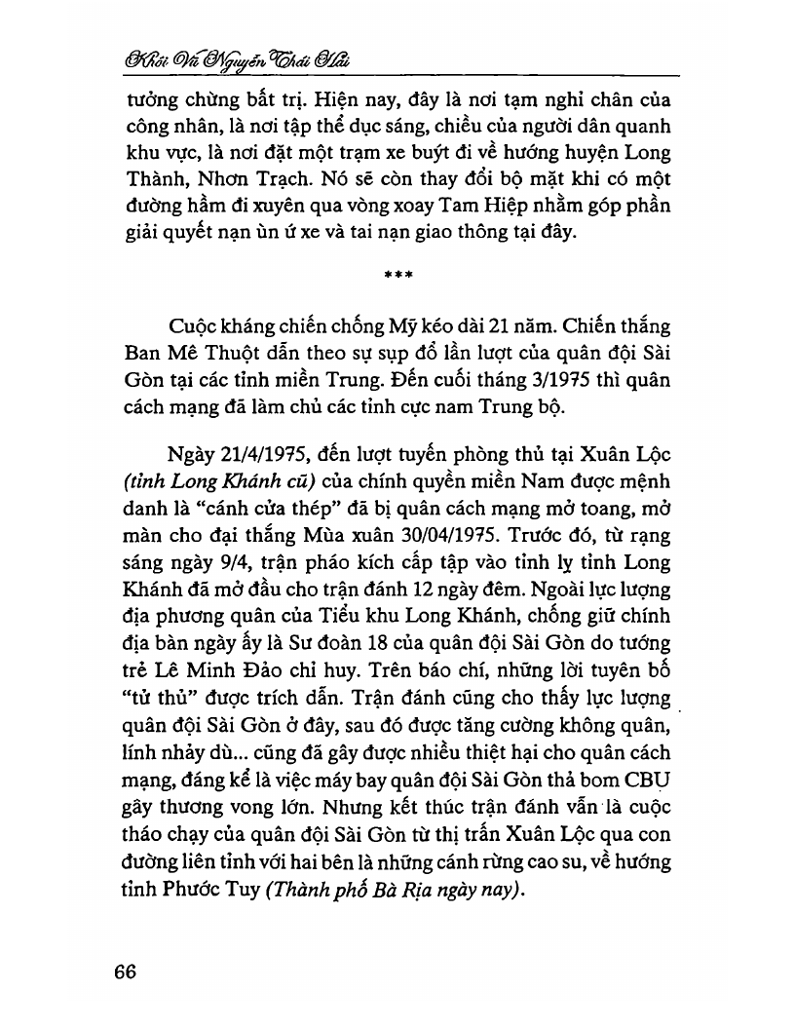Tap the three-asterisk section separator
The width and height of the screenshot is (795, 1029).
(397, 275)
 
